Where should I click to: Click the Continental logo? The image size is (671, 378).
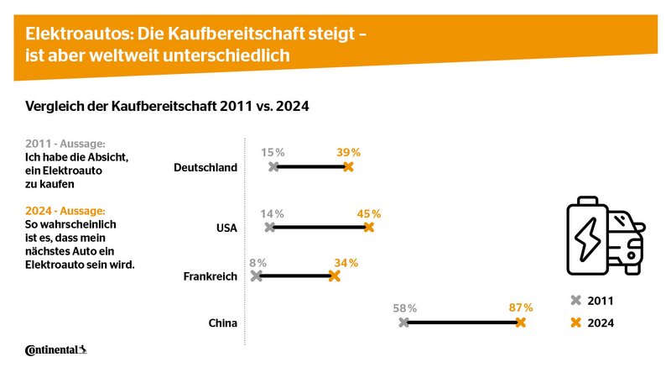pyautogui.click(x=56, y=349)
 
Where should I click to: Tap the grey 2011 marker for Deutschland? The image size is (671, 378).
pyautogui.click(x=273, y=167)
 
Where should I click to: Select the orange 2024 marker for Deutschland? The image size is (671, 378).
pyautogui.click(x=348, y=167)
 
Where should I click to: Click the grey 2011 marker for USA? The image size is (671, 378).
pyautogui.click(x=269, y=228)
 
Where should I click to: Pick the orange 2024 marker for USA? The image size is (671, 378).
pyautogui.click(x=368, y=228)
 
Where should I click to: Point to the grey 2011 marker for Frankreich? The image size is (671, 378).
pyautogui.click(x=257, y=276)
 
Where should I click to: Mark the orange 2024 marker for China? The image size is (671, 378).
pyautogui.click(x=521, y=323)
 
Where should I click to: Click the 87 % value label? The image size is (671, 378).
pyautogui.click(x=522, y=307)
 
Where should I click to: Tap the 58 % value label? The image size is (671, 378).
pyautogui.click(x=404, y=308)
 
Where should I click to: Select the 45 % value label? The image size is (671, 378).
pyautogui.click(x=369, y=213)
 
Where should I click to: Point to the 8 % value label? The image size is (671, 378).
pyautogui.click(x=257, y=262)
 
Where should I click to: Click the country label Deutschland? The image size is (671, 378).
pyautogui.click(x=205, y=167)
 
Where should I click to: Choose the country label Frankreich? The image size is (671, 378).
pyautogui.click(x=210, y=276)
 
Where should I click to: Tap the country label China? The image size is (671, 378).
pyautogui.click(x=222, y=323)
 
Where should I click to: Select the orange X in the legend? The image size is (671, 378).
pyautogui.click(x=575, y=323)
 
